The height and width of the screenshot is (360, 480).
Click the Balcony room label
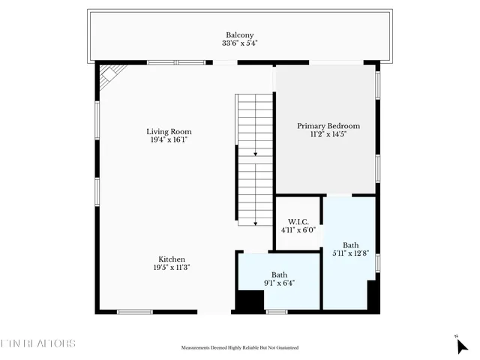click(240, 34)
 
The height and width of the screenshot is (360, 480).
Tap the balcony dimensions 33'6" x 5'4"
click(240, 43)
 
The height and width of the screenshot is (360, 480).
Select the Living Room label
click(169, 131)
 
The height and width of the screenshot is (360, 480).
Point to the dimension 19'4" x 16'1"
click(169, 140)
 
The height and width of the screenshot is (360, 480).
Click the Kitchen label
click(172, 259)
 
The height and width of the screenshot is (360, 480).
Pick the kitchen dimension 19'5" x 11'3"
click(172, 268)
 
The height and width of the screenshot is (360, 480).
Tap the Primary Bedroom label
click(328, 126)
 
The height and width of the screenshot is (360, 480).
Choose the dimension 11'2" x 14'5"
click(328, 135)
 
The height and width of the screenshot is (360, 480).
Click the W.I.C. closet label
click(298, 221)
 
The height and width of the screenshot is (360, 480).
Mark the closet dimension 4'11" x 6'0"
click(298, 230)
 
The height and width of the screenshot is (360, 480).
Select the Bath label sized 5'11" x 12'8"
click(351, 244)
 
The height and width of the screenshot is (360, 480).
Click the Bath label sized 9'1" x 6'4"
click(280, 274)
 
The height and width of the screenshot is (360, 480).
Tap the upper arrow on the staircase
click(256, 153)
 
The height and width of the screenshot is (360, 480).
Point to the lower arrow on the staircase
click(256, 222)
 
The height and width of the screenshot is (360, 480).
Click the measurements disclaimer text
click(240, 348)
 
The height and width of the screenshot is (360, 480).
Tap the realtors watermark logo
click(37, 343)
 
